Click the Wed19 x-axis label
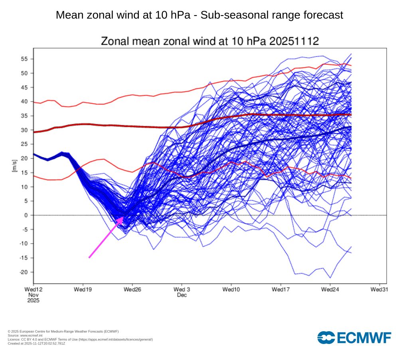coord(83,289)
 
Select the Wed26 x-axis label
coord(132,289)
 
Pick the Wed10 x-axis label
coord(231,289)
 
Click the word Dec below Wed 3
coord(182,295)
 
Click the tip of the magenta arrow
coord(123,217)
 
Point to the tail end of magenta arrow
coord(89,258)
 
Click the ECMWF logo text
coord(364,338)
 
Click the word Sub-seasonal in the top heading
coord(225,15)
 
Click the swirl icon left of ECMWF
coord(326,338)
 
